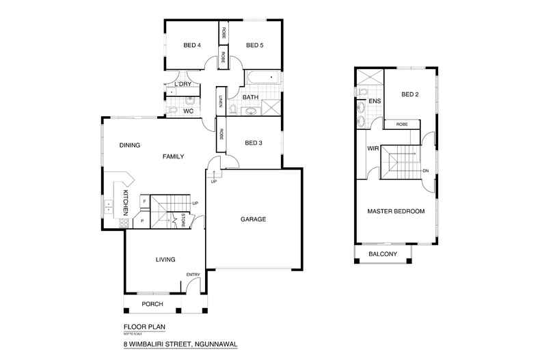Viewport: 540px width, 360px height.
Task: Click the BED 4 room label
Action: [192, 46]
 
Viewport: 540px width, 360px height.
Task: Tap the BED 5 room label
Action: [254, 46]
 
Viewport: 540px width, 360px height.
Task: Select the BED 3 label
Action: [254, 142]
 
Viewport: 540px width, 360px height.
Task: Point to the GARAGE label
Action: [252, 219]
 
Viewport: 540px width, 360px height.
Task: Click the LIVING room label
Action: [165, 260]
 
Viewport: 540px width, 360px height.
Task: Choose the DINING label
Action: [130, 145]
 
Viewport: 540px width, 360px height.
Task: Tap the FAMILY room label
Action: [173, 156]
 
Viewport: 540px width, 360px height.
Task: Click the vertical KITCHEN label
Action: [126, 204]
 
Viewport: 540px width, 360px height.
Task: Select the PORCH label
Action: [152, 304]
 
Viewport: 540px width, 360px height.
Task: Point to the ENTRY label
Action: [193, 275]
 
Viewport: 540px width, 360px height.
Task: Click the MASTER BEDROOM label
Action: [396, 212]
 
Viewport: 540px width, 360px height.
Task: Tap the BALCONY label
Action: [383, 255]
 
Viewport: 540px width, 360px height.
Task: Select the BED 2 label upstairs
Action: [410, 94]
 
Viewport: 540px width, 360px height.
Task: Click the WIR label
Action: [373, 148]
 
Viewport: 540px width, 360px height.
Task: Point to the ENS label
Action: [375, 102]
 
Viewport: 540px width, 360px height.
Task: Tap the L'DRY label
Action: [183, 84]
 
